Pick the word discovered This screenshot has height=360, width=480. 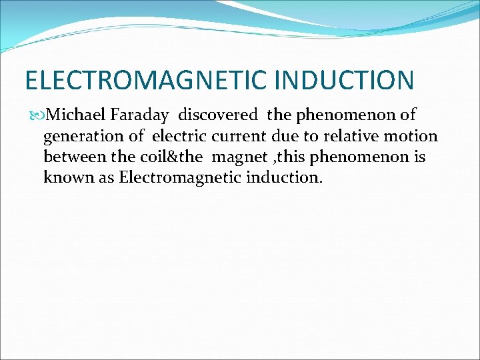(217, 115)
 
